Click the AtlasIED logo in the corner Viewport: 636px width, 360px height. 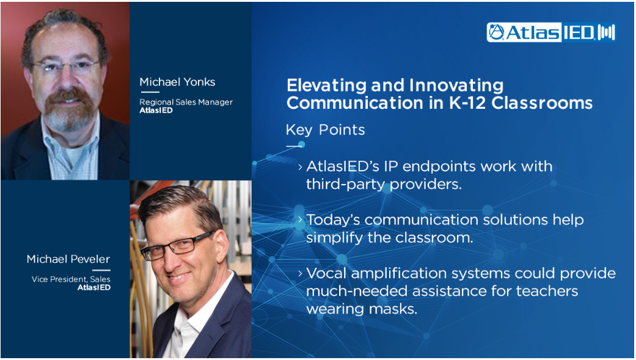tap(551, 32)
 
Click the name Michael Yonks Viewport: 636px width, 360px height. tap(177, 82)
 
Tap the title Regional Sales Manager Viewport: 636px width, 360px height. tap(186, 102)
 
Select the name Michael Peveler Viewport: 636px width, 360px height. tap(68, 259)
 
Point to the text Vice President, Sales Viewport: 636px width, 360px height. tap(71, 279)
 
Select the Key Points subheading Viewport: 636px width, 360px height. tap(325, 130)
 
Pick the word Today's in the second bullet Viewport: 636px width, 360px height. tap(332, 219)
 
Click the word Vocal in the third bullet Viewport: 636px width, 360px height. tap(326, 273)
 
